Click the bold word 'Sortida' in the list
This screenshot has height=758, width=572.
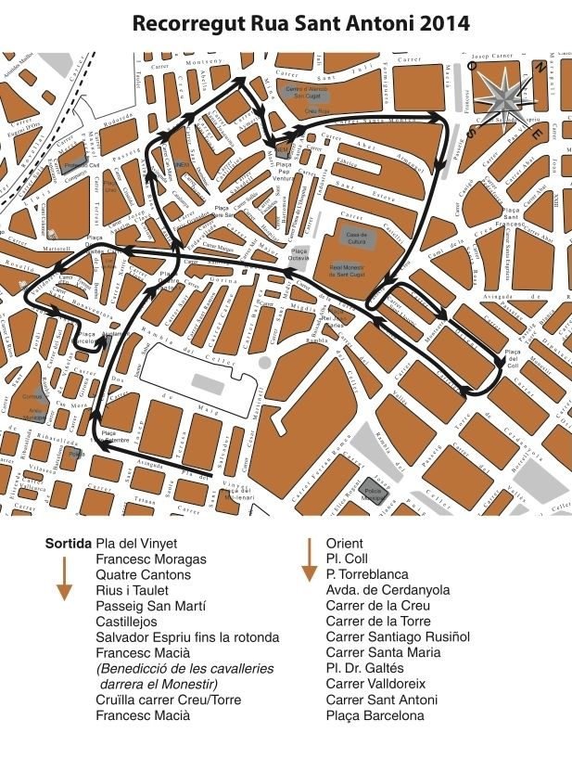coord(69,544)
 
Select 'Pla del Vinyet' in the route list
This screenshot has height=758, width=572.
coord(136,544)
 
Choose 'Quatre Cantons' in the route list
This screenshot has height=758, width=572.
coord(143,575)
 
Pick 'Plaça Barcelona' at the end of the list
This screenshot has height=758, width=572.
coord(375,715)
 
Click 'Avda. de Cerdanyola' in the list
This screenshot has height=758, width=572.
coord(388,590)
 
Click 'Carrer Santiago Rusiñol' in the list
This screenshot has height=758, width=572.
coord(398,636)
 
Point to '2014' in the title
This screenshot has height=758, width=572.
coord(438,24)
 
